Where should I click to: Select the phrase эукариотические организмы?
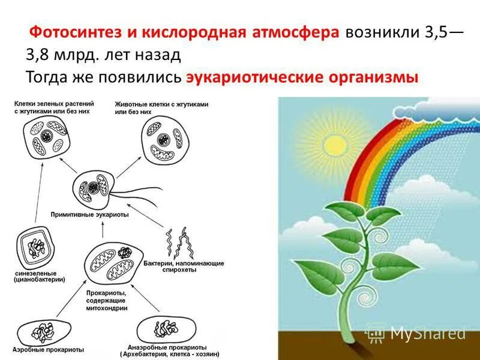[302, 78]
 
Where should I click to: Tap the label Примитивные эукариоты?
[89, 214]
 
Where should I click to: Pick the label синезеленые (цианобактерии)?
[40, 276]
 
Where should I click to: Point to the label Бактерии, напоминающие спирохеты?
[184, 266]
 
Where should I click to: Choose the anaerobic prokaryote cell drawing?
[166, 329]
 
